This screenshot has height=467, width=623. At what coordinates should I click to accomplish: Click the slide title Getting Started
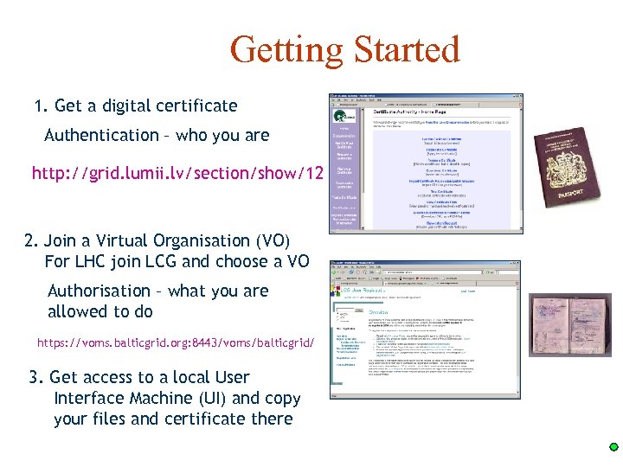click(x=344, y=49)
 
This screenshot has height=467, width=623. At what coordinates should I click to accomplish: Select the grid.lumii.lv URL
click(x=177, y=174)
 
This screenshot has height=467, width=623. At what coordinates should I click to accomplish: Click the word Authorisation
click(x=99, y=291)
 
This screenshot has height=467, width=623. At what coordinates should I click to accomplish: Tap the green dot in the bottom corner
click(x=613, y=447)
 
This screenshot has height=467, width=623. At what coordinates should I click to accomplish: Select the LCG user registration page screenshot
click(x=425, y=329)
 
